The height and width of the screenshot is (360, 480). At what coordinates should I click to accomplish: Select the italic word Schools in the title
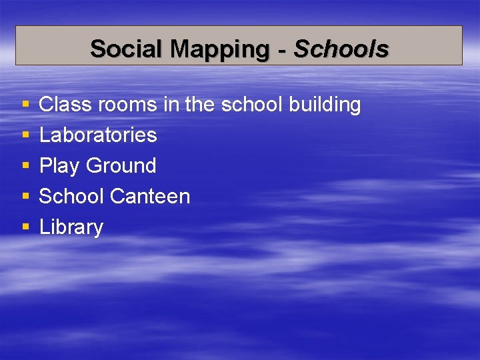click(341, 49)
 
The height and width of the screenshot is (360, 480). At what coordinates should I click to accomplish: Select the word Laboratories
click(98, 135)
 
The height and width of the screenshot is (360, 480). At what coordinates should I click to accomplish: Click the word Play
click(59, 166)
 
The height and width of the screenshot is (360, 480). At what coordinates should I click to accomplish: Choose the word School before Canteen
click(71, 197)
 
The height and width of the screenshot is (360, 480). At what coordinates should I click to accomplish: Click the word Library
click(71, 227)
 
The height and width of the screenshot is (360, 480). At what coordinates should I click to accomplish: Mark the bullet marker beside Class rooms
click(25, 105)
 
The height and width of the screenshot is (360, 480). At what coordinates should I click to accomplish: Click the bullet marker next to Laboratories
click(25, 136)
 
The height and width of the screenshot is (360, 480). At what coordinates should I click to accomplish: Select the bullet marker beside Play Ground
click(25, 167)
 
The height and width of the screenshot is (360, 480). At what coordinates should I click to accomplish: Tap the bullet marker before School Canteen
click(25, 197)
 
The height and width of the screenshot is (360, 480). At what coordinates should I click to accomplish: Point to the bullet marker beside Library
click(25, 228)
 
